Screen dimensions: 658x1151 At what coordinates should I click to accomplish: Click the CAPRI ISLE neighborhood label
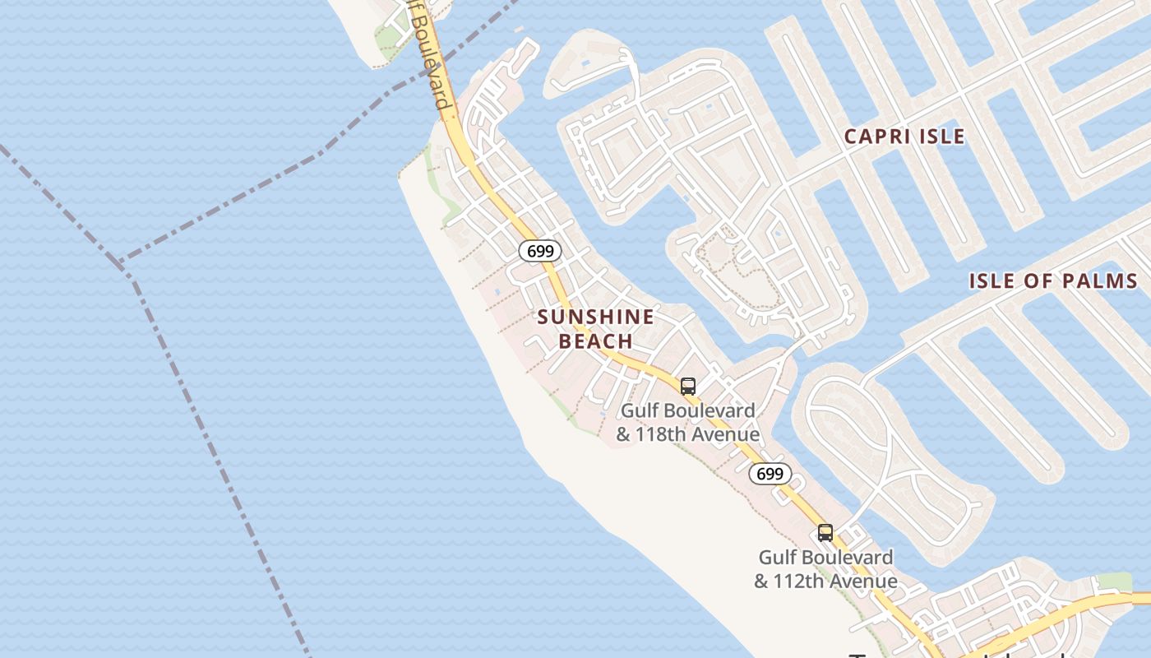click(904, 137)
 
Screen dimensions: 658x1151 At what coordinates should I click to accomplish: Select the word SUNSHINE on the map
click(596, 317)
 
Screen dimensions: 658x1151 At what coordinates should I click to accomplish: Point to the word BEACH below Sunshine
click(596, 341)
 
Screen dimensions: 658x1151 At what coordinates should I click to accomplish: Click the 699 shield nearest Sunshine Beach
click(540, 251)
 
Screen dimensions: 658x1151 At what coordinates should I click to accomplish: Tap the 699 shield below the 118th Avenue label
click(770, 474)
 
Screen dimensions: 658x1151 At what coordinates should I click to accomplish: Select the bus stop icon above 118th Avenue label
click(688, 386)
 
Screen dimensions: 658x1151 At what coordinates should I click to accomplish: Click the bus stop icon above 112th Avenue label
click(825, 532)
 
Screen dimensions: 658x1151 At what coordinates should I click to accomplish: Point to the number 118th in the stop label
click(659, 433)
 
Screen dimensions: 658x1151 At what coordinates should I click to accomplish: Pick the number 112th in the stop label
click(797, 581)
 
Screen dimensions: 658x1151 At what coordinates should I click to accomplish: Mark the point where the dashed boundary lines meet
click(121, 264)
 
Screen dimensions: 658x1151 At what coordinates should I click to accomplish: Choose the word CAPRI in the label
click(875, 137)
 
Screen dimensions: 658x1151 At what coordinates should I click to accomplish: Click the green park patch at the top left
click(387, 37)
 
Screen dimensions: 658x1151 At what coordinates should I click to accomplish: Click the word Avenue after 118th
click(726, 433)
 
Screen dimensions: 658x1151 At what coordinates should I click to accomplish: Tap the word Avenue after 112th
click(863, 581)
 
